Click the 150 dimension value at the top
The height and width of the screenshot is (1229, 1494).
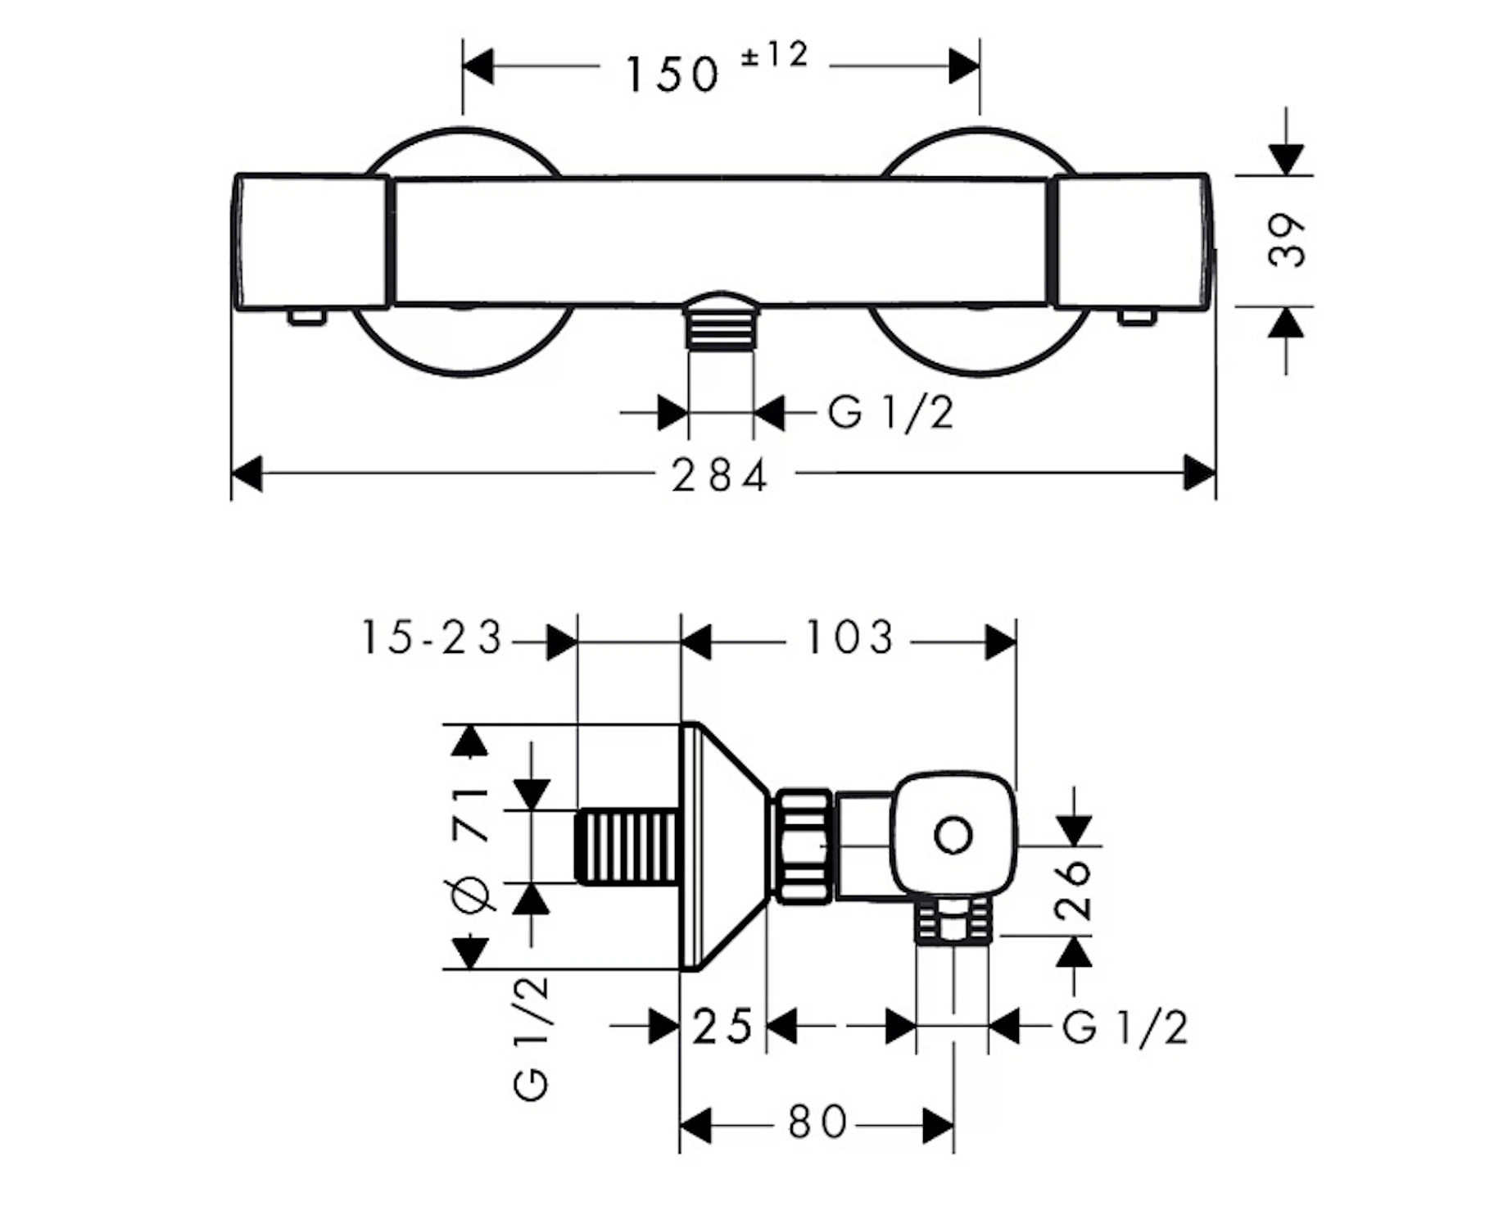point(672,74)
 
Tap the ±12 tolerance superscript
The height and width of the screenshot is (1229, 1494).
point(774,55)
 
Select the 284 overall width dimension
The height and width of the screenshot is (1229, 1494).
point(720,475)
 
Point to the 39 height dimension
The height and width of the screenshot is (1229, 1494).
point(1286,240)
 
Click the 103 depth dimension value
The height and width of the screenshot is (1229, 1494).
point(849,637)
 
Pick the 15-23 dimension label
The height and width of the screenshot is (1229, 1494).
point(431,637)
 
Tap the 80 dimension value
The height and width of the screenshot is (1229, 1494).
point(817,1122)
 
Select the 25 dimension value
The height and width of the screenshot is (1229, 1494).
point(722,1027)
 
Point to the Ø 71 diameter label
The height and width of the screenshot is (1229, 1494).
point(470,848)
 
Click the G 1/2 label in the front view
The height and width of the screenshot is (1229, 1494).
point(891,412)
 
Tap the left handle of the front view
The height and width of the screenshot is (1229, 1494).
point(310,242)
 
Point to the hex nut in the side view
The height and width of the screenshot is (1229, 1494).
point(804,846)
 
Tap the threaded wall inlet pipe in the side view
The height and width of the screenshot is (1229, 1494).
point(627,846)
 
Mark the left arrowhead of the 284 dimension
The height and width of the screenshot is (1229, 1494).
point(247,474)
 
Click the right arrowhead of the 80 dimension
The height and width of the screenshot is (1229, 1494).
point(939,1126)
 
